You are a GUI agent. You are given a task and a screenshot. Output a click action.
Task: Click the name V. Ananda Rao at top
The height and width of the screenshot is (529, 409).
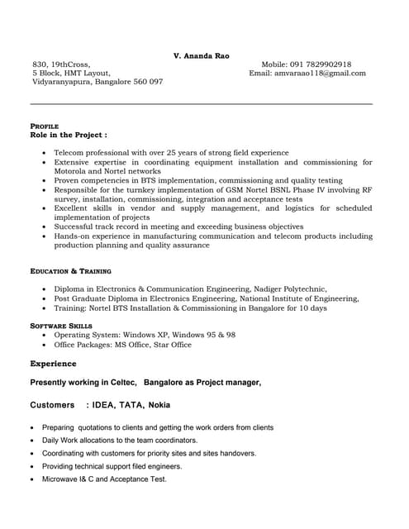click(x=202, y=55)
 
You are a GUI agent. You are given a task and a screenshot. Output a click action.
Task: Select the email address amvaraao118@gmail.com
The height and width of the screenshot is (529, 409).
click(x=321, y=74)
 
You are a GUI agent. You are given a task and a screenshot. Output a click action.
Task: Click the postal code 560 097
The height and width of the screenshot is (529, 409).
click(x=149, y=83)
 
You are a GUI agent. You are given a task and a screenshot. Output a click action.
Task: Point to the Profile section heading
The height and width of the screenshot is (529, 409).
click(x=44, y=125)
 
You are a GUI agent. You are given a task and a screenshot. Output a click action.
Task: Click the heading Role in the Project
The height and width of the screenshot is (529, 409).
click(x=68, y=134)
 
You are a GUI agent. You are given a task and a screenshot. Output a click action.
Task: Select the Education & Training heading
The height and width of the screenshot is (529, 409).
click(x=70, y=271)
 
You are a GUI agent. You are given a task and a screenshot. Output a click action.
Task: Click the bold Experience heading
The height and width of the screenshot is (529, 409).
click(x=53, y=364)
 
